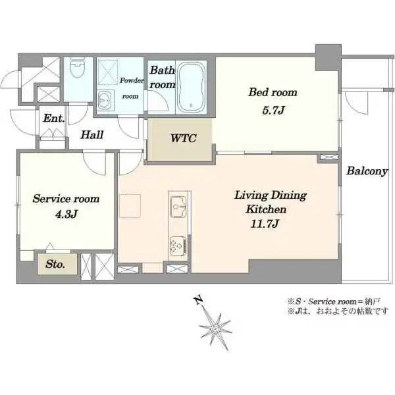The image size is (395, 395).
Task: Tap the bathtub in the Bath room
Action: pyautogui.click(x=191, y=87)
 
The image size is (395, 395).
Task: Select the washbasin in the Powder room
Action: pyautogui.click(x=104, y=100)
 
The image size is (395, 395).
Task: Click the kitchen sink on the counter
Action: pyautogui.click(x=178, y=207)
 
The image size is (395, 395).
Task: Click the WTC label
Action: pyautogui.click(x=183, y=138)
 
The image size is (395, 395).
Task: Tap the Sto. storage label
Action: pyautogui.click(x=55, y=264)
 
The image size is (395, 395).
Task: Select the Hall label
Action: pyautogui.click(x=92, y=135)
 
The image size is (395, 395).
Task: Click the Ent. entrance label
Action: pyautogui.click(x=54, y=118)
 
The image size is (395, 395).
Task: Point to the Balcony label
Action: pyautogui.click(x=367, y=171)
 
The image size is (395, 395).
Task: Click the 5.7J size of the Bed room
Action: pyautogui.click(x=273, y=111)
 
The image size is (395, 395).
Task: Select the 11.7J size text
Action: pyautogui.click(x=265, y=224)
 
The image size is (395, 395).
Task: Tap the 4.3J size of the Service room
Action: pyautogui.click(x=66, y=215)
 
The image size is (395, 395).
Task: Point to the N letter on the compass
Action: pyautogui.click(x=199, y=300)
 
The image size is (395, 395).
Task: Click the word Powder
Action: pyautogui.click(x=132, y=80)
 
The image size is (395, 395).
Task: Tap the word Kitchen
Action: pyautogui.click(x=266, y=209)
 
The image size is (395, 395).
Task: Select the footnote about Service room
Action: pyautogui.click(x=334, y=302)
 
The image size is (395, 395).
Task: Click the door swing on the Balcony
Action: pyautogui.click(x=356, y=103)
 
